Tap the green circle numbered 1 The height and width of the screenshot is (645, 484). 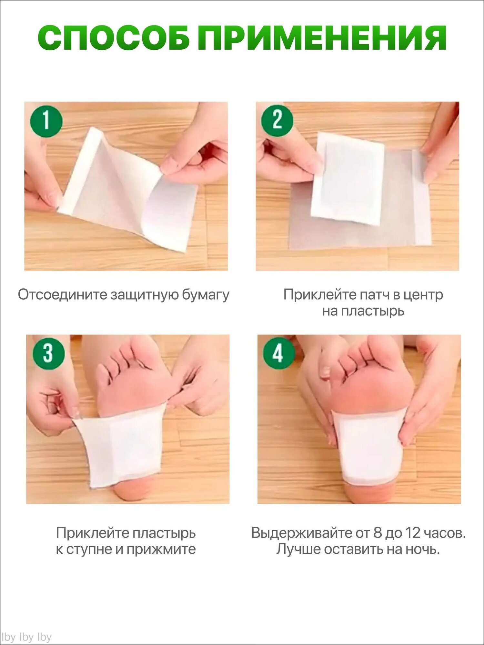(46, 121)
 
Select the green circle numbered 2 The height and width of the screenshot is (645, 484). (277, 121)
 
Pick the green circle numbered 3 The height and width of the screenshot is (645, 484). (48, 353)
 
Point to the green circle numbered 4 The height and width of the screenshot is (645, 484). (279, 353)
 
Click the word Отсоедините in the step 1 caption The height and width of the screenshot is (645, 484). (62, 294)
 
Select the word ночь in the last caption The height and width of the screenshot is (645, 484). (421, 549)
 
